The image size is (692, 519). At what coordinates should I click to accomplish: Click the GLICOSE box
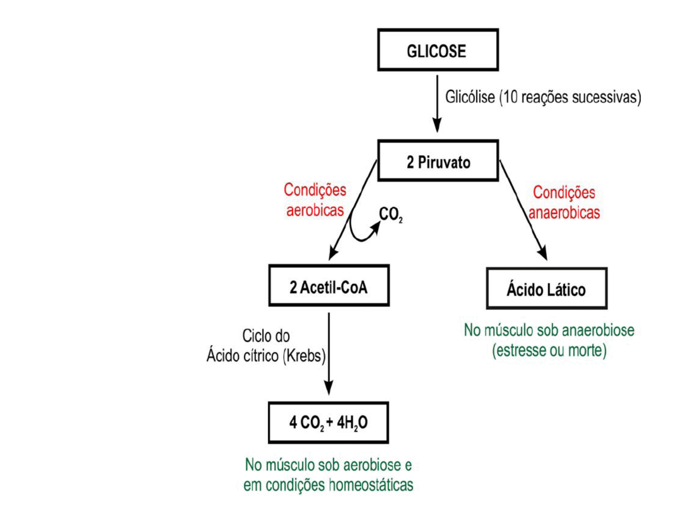(438, 50)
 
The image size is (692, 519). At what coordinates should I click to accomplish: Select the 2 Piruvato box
(438, 161)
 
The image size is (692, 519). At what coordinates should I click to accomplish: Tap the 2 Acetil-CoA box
(329, 286)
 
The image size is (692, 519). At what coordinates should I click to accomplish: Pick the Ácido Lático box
(546, 289)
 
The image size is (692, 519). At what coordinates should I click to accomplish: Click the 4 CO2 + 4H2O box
(328, 423)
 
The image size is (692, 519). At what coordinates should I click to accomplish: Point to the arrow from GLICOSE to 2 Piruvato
(437, 103)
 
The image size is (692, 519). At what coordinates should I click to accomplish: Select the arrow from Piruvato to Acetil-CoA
(352, 210)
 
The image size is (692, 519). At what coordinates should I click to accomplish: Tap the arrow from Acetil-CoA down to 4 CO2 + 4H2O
(329, 353)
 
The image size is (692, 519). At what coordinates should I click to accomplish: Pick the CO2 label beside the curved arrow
(391, 214)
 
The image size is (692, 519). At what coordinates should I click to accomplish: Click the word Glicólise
(470, 97)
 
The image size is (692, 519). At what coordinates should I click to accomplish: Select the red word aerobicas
(315, 210)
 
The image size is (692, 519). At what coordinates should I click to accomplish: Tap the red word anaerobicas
(564, 212)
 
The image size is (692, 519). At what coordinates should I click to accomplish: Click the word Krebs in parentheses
(304, 356)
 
